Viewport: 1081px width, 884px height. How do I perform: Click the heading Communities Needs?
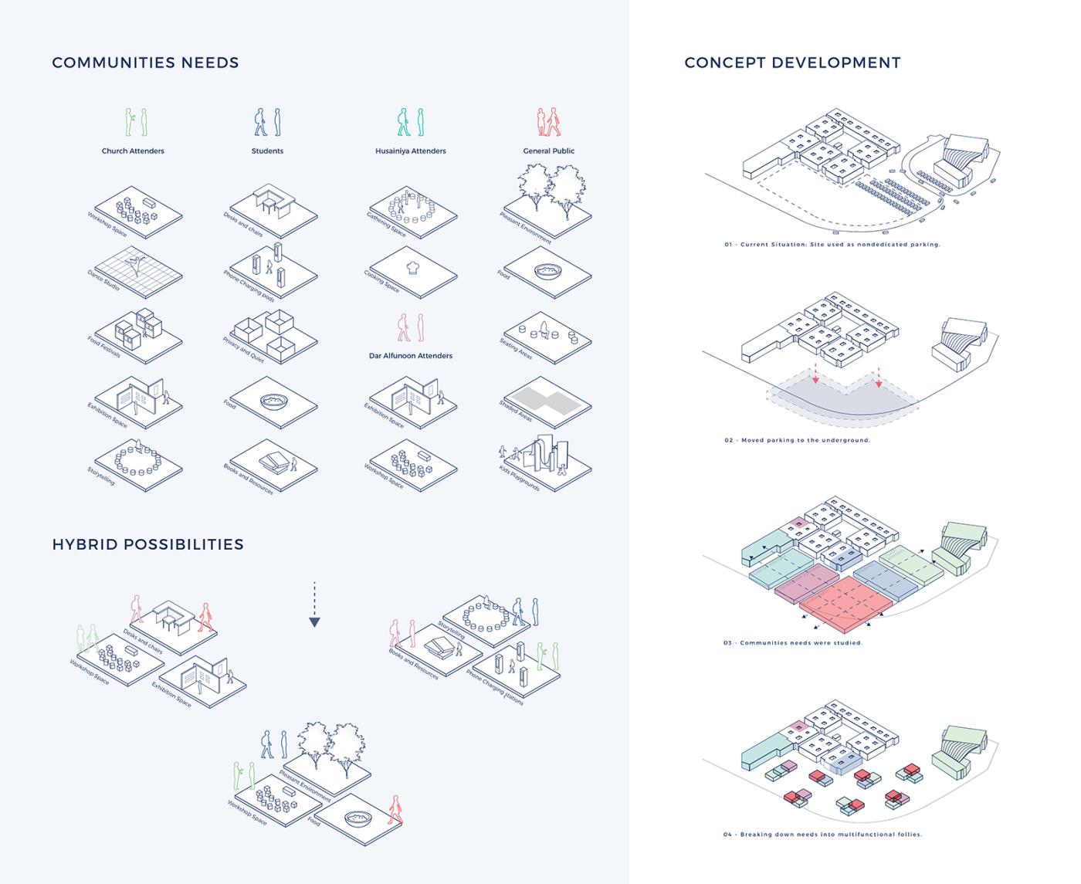[145, 63]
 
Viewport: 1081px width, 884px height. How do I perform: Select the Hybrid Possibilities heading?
[147, 544]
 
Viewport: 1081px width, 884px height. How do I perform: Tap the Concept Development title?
[792, 63]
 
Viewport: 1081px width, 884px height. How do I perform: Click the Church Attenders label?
[133, 151]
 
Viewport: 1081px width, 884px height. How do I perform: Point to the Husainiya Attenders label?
[410, 151]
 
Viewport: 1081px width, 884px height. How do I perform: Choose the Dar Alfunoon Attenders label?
[410, 356]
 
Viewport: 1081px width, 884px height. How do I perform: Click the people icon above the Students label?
[267, 122]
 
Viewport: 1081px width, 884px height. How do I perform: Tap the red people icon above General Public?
[548, 122]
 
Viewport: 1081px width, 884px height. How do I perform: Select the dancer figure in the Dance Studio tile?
[137, 266]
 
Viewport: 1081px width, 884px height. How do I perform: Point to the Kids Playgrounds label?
[519, 476]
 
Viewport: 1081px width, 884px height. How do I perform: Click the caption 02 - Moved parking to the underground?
[797, 440]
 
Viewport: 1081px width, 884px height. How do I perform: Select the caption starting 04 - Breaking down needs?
[823, 834]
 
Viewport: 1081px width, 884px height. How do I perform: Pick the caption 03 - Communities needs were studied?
[793, 642]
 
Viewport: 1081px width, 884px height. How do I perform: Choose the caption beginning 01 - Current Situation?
[832, 244]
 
